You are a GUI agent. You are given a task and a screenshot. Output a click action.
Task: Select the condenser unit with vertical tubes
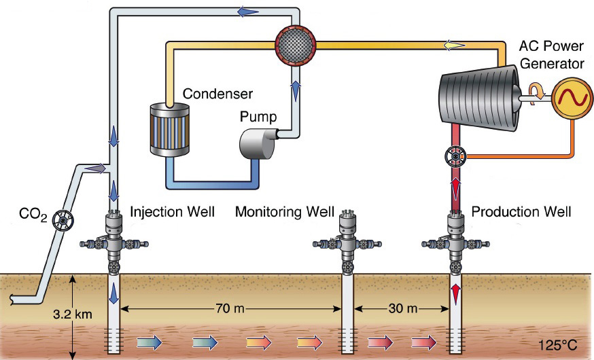[168, 128]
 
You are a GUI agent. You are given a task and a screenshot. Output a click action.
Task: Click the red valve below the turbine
[453, 157]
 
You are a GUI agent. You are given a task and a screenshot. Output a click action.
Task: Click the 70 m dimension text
[230, 308]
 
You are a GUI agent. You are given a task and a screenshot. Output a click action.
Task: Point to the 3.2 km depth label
[69, 315]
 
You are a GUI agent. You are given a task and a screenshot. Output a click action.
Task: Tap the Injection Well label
[172, 212]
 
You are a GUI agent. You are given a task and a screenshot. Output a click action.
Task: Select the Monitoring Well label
[285, 212]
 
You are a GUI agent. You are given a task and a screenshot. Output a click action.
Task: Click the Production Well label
[521, 212]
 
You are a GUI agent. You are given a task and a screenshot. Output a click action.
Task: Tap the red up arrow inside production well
[454, 294]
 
